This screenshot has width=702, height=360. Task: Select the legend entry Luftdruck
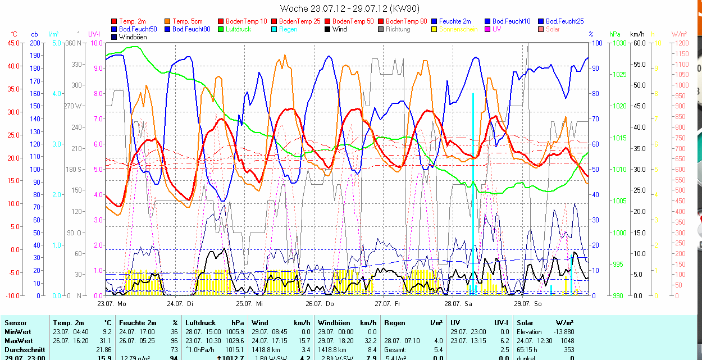pyautogui.click(x=238, y=29)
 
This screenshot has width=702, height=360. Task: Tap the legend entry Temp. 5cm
pyautogui.click(x=188, y=21)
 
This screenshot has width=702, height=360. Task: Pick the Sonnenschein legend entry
pyautogui.click(x=458, y=29)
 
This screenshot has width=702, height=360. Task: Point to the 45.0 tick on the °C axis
pyautogui.click(x=12, y=43)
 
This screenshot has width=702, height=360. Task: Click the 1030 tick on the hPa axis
pyautogui.click(x=619, y=43)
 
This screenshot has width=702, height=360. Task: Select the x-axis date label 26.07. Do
pyautogui.click(x=320, y=304)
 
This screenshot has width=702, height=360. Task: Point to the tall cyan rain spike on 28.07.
pyautogui.click(x=473, y=168)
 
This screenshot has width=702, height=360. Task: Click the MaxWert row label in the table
pyautogui.click(x=19, y=341)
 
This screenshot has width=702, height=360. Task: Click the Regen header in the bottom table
pyautogui.click(x=394, y=323)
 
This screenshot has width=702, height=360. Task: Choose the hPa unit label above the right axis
pyautogui.click(x=614, y=34)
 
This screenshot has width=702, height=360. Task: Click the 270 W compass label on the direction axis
pyautogui.click(x=74, y=106)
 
